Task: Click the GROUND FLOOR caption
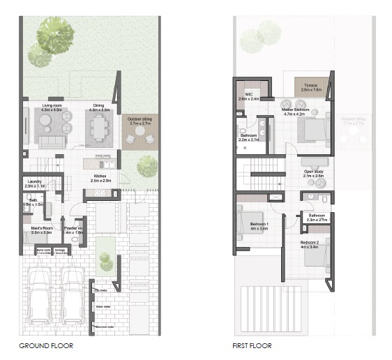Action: (46, 345)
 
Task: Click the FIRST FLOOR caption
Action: (252, 345)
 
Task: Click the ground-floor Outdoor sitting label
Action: (140, 121)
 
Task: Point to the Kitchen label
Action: (101, 178)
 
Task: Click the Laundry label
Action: (35, 183)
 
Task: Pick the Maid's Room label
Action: (41, 230)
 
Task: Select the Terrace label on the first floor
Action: (311, 87)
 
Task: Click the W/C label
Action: (248, 96)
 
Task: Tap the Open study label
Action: (314, 174)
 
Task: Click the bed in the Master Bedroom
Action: (312, 130)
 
